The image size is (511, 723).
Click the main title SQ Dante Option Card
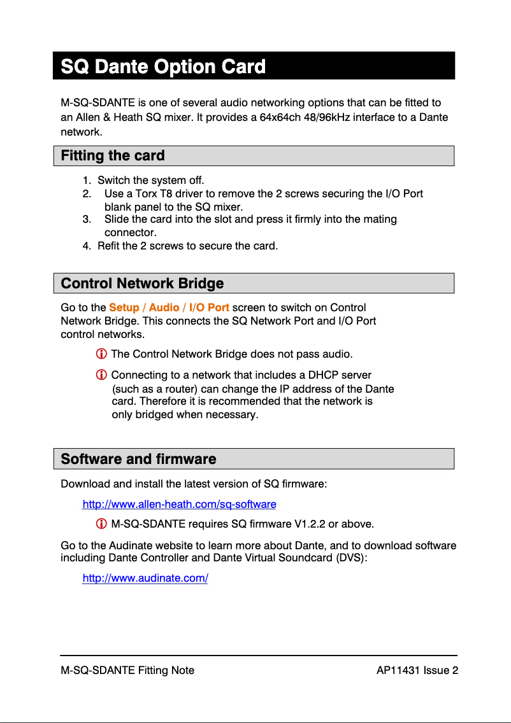tap(163, 67)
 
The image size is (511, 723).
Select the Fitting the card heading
tap(113, 156)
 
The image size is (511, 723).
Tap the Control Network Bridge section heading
tap(142, 283)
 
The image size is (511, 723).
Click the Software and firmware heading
tap(138, 459)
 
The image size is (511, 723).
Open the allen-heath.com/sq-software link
tap(179, 505)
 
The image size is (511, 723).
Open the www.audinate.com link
tap(145, 579)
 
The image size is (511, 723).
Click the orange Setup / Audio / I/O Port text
tap(169, 307)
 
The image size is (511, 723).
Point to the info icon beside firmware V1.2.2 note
tap(101, 524)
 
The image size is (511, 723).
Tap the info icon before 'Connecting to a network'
tap(101, 376)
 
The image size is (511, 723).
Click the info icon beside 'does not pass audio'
tap(101, 354)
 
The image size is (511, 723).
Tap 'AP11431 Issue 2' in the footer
tap(417, 670)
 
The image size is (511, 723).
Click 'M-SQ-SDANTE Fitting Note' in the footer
tap(127, 670)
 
